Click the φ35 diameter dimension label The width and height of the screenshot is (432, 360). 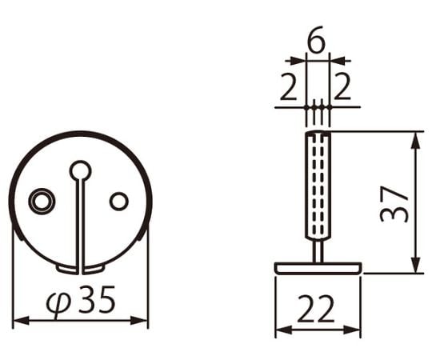coord(81,300)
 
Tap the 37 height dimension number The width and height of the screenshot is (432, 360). coord(393,204)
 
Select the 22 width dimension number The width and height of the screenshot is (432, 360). coord(316,309)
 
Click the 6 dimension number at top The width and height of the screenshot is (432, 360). coord(316,39)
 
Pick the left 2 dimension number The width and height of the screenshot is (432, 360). coord(289,86)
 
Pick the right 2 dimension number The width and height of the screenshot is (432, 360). coord(342,86)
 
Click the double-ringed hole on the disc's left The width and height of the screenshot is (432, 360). coord(42,201)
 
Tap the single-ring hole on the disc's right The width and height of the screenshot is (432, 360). coord(118,201)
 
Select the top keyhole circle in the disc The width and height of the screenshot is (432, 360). coord(80,170)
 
